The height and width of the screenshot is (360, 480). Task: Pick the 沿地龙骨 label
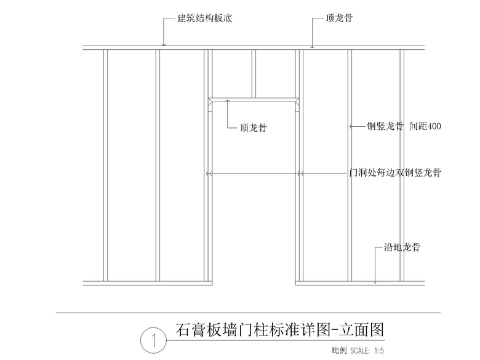coord(402,248)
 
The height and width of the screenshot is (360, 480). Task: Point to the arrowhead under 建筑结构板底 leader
coord(163,43)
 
